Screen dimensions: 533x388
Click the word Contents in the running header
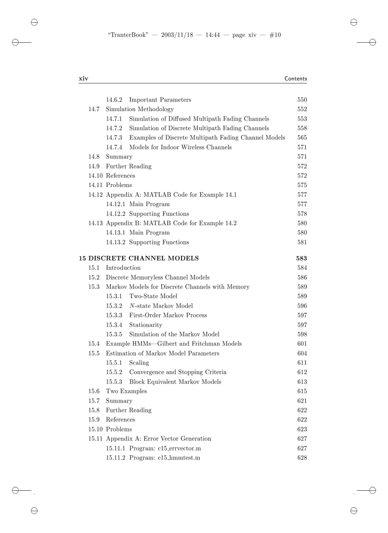(295, 79)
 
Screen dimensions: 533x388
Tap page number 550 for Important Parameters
(301, 100)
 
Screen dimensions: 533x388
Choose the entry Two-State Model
(153, 296)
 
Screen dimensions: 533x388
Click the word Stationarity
(145, 325)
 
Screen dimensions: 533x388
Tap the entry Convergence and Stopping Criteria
(178, 372)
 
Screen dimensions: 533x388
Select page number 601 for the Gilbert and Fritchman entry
(301, 344)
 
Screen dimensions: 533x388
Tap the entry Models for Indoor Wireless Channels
(180, 147)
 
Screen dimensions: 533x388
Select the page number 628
(301, 458)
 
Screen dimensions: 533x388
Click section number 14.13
(96, 223)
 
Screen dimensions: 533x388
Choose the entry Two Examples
(126, 391)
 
